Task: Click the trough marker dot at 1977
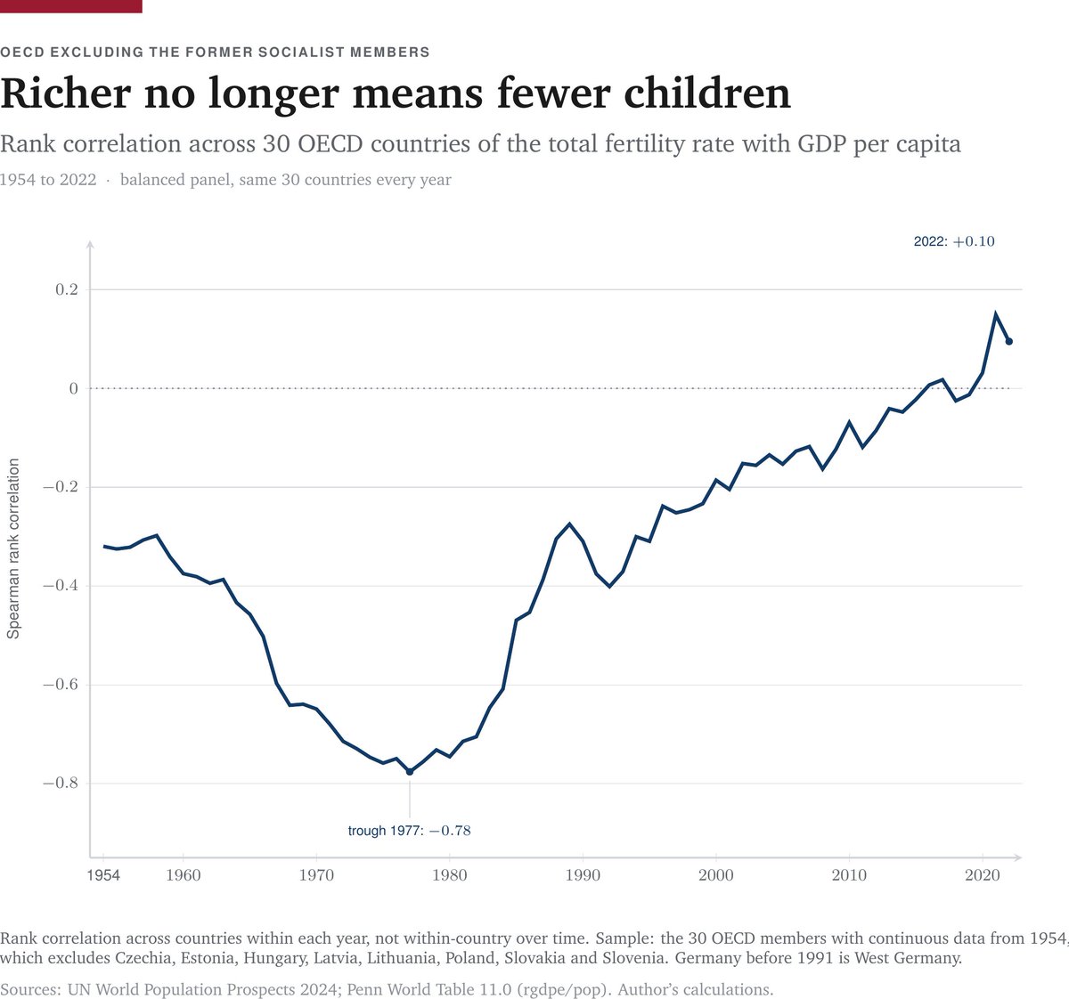click(410, 772)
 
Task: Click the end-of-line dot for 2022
click(1009, 341)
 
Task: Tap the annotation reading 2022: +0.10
click(954, 241)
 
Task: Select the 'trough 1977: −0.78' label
click(409, 831)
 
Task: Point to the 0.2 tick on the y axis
click(67, 289)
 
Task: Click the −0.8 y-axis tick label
click(61, 783)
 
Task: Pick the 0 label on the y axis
click(74, 388)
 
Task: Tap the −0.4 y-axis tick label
click(61, 585)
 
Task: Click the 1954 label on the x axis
click(103, 875)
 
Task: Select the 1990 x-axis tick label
click(583, 875)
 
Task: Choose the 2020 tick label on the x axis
click(983, 875)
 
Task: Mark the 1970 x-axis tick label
click(316, 875)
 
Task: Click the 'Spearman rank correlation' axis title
click(13, 548)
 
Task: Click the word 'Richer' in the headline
click(66, 93)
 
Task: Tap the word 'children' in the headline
click(706, 93)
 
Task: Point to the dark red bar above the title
click(71, 6)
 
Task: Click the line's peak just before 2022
click(996, 313)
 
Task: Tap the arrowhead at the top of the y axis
click(91, 245)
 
